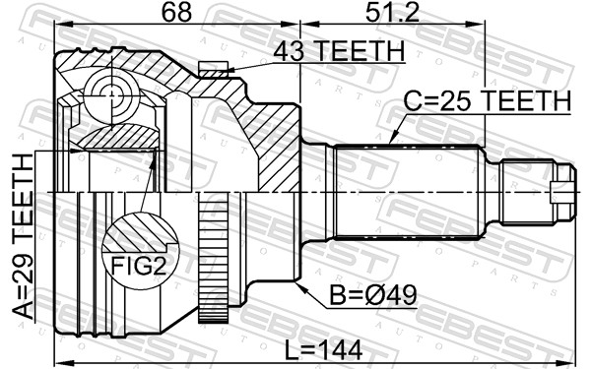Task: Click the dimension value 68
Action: click(x=179, y=13)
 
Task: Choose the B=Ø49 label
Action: click(x=361, y=293)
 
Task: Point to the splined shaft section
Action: click(x=404, y=191)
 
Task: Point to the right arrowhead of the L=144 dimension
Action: click(x=574, y=338)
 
